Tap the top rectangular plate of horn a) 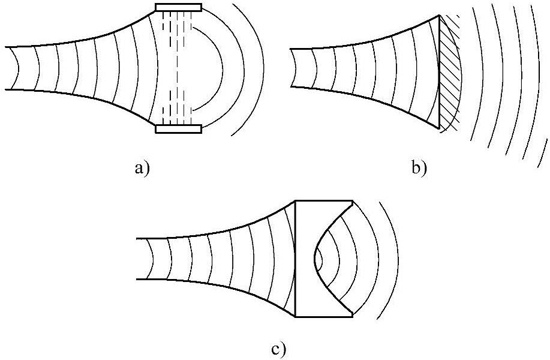(x=179, y=7)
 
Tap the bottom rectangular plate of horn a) (x=179, y=128)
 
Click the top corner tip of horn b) (x=440, y=15)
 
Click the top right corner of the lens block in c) (x=351, y=201)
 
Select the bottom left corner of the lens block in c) (x=296, y=316)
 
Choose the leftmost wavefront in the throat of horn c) (x=154, y=259)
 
